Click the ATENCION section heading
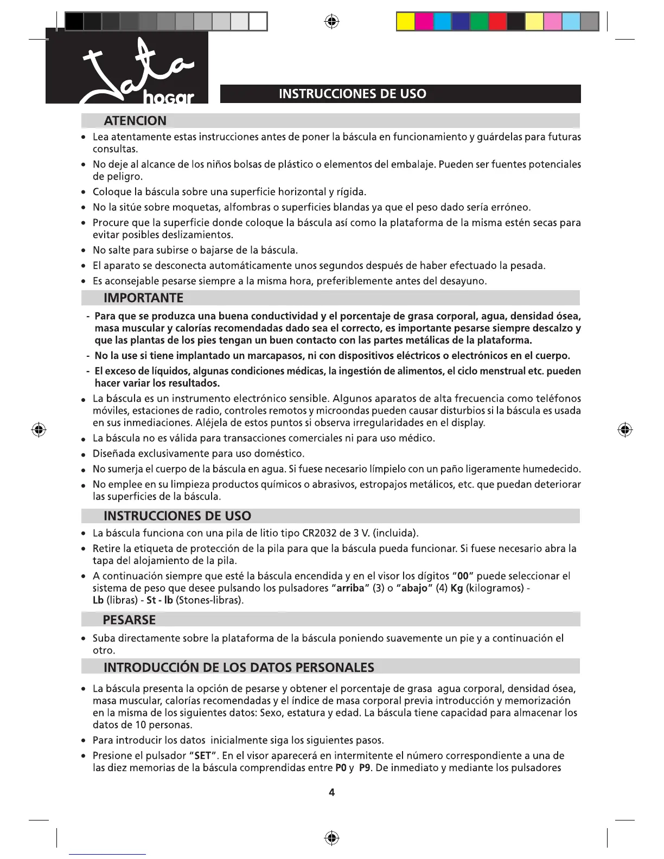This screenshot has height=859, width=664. point(135,120)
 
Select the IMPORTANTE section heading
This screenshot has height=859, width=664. point(143,298)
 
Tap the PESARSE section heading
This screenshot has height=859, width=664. point(129,620)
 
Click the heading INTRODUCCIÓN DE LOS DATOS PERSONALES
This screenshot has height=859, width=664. point(239,666)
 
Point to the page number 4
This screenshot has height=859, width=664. point(332,792)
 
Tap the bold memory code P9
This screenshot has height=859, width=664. point(365,768)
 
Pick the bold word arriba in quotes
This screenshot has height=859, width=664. point(350,588)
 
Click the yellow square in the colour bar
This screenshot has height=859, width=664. point(406,22)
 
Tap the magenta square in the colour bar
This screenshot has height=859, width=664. point(424,22)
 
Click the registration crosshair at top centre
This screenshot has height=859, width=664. point(332,22)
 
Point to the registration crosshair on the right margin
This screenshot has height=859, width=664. point(625,430)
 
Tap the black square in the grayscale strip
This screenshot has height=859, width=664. point(74,22)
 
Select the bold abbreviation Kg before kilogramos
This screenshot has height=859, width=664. point(457,588)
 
